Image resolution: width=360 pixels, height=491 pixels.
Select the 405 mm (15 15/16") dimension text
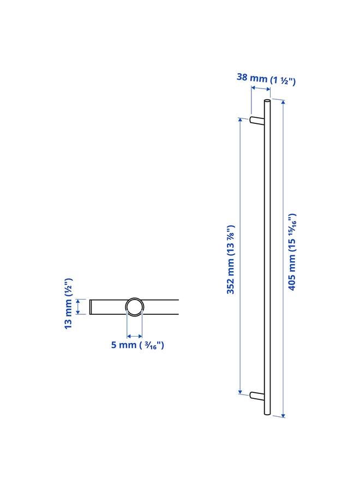coord(292,252)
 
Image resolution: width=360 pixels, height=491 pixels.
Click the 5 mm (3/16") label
coord(137,345)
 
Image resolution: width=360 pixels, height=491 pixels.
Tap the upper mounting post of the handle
coord(257,121)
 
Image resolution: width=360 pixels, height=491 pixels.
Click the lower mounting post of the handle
coord(257,396)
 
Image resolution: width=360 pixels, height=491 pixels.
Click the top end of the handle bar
coord(267,102)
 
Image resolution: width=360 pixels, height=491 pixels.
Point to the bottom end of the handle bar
coord(267,413)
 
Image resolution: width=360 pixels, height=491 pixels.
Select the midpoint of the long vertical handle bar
coord(267,258)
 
